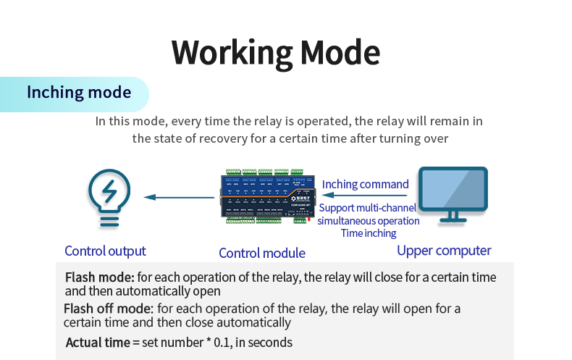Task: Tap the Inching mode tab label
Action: pyautogui.click(x=79, y=93)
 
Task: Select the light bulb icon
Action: pyautogui.click(x=109, y=197)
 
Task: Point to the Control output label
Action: pyautogui.click(x=105, y=251)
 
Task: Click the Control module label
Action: pyautogui.click(x=262, y=253)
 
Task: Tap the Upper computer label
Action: pyautogui.click(x=444, y=251)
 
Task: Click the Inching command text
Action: pyautogui.click(x=366, y=184)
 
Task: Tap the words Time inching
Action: pyautogui.click(x=369, y=233)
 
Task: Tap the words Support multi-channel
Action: pyautogui.click(x=368, y=208)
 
